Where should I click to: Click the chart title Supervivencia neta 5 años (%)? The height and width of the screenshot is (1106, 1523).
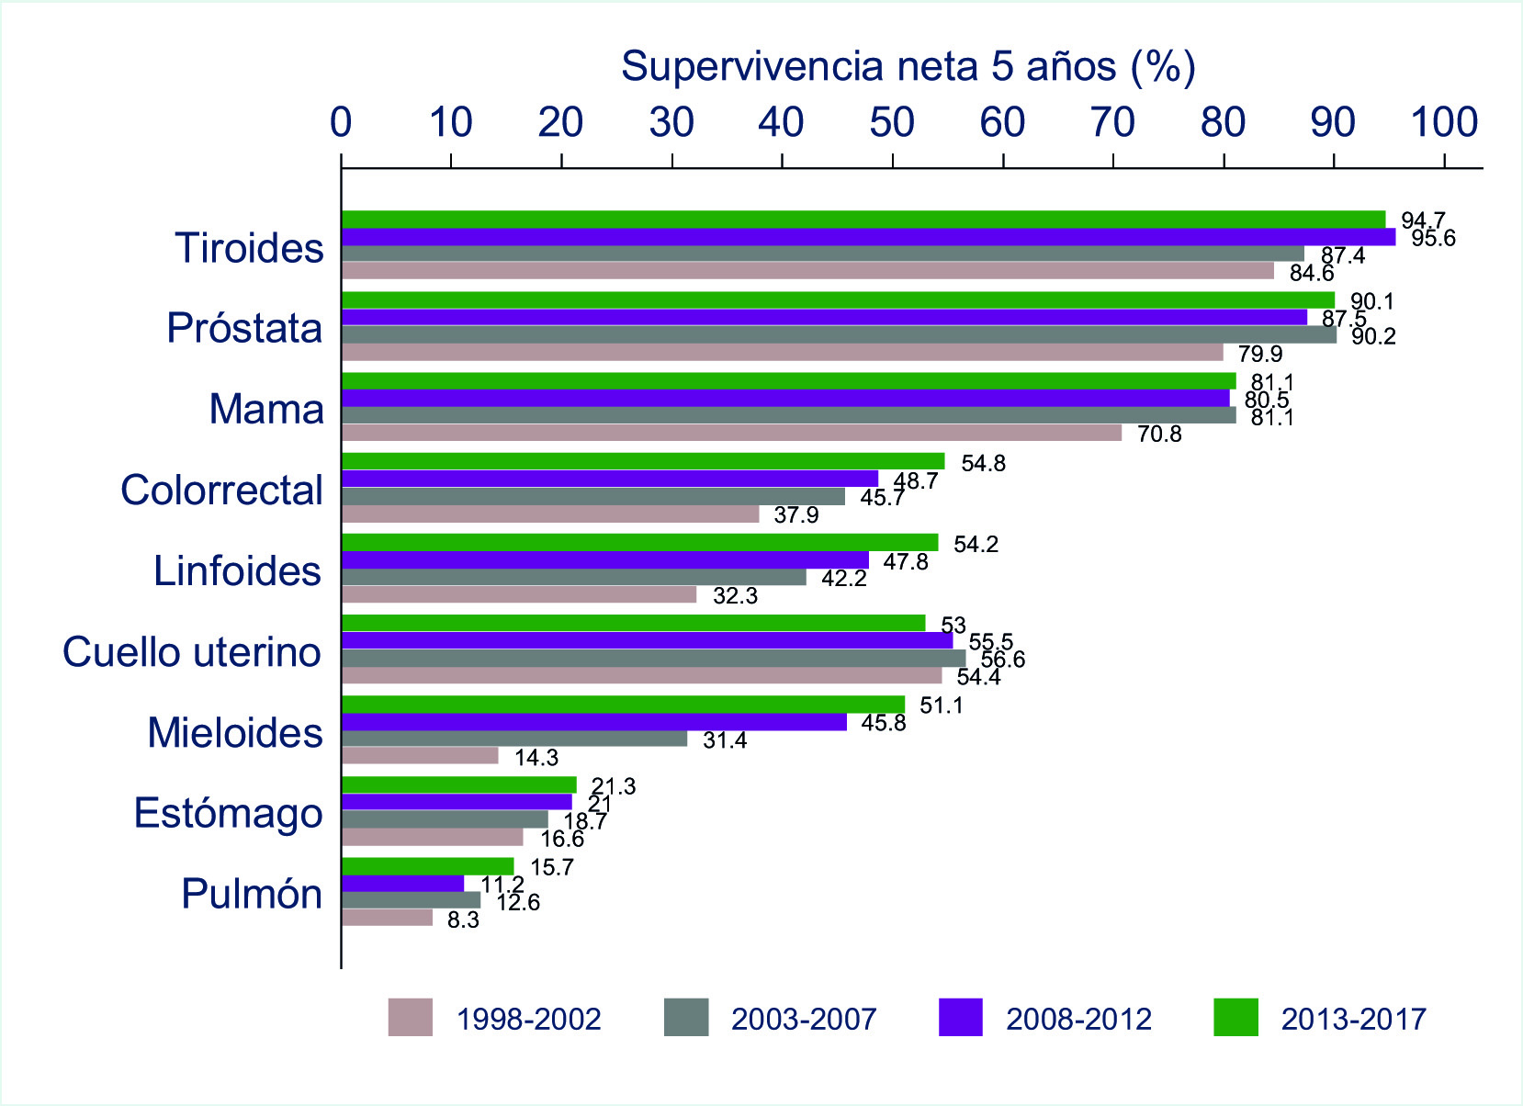point(908,66)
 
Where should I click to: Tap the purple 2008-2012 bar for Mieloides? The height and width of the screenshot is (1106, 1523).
point(594,722)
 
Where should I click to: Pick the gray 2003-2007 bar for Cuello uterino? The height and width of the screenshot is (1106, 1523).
point(653,659)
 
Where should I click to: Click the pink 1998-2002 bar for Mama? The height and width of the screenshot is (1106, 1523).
point(731,433)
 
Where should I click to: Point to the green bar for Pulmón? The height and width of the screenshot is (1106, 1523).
point(428,866)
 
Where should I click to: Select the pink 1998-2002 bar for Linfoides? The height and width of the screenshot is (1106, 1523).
point(519,595)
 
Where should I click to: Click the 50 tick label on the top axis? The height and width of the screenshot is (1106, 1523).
point(892,123)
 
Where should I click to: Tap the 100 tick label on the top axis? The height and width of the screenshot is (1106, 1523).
point(1443,123)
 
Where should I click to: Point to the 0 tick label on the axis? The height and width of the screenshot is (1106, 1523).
point(342,123)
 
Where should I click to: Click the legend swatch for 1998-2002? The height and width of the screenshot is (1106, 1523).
point(410,1018)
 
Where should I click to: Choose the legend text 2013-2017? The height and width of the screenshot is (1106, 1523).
point(1353,1019)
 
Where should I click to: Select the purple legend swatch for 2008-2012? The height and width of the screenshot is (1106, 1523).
point(961,1018)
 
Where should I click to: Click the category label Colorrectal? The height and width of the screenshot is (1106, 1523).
point(221,491)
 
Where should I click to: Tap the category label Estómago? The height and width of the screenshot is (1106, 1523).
point(229,814)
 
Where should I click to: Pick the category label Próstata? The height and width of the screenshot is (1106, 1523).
point(244,329)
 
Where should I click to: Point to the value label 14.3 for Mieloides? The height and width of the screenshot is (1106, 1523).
point(536,759)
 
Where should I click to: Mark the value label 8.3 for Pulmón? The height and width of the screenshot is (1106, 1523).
point(463,920)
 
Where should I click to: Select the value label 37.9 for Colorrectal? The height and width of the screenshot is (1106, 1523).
point(795,515)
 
